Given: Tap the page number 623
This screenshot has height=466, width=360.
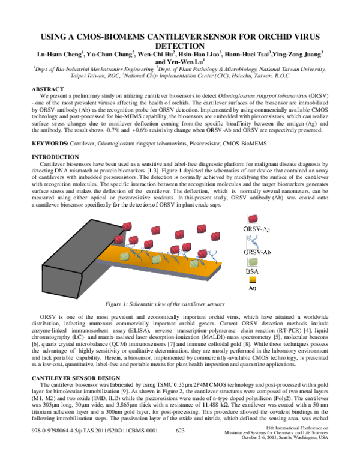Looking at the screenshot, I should (179, 447).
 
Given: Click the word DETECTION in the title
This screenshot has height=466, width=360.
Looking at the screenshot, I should (180, 44).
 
